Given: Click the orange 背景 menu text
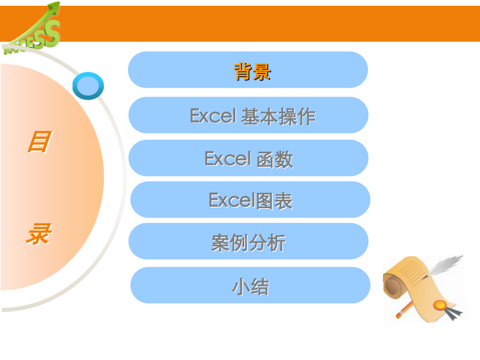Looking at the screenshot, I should [253, 71].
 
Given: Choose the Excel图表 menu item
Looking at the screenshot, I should [250, 200].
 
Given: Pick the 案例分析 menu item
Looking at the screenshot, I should [248, 242].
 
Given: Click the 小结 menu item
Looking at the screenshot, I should [250, 286].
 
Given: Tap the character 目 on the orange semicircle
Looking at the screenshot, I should [39, 142].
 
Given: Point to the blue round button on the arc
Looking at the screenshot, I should [88, 86].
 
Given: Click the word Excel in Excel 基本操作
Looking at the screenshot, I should [213, 115].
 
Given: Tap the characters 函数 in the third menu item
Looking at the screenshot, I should [274, 159].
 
